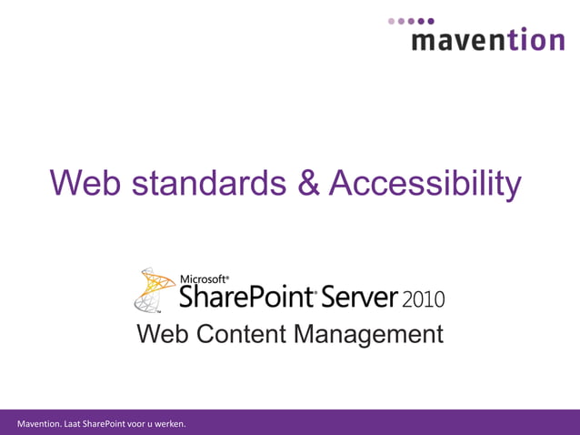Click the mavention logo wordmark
coord(487,39)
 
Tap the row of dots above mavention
coord(412,20)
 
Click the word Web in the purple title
coord(86,183)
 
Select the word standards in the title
coord(208,183)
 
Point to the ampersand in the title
coord(309,183)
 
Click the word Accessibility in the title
coord(425,183)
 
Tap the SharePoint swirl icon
coord(155,289)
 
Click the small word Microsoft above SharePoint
coord(204,279)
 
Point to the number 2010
coord(423,298)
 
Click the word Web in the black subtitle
coord(163,334)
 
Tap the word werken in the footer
coord(170,423)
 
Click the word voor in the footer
coord(143,423)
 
